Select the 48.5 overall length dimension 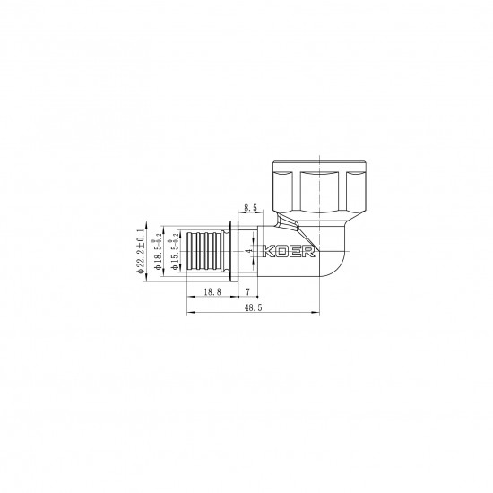[254, 307]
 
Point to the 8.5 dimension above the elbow [250, 207]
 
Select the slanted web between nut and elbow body [285, 223]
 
